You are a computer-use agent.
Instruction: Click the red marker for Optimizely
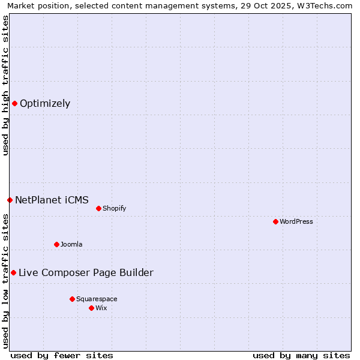pos(14,103)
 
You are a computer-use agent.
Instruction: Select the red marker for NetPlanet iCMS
pos(10,200)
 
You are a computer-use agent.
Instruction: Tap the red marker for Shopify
pos(98,208)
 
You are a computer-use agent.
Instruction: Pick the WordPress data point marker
pos(275,221)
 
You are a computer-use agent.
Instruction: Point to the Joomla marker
pos(56,244)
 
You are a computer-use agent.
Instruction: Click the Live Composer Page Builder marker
pos(13,272)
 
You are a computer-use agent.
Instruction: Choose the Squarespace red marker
pos(72,299)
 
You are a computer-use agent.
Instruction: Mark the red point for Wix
pos(91,308)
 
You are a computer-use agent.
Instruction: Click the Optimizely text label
pos(45,103)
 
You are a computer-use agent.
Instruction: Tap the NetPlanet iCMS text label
pos(52,200)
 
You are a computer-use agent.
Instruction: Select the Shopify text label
pos(114,208)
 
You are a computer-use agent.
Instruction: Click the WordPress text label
pos(296,221)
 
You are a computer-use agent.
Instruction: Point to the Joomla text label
pos(71,244)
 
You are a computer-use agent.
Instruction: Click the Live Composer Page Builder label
pos(86,272)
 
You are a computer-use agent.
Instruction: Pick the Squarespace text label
pos(97,299)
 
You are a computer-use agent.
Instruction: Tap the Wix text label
pos(101,308)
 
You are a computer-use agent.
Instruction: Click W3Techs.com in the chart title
pos(326,5)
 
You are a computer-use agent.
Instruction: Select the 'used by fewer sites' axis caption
pos(62,355)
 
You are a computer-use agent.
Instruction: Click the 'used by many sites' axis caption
pos(301,355)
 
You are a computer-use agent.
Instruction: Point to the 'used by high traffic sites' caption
pos(5,85)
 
